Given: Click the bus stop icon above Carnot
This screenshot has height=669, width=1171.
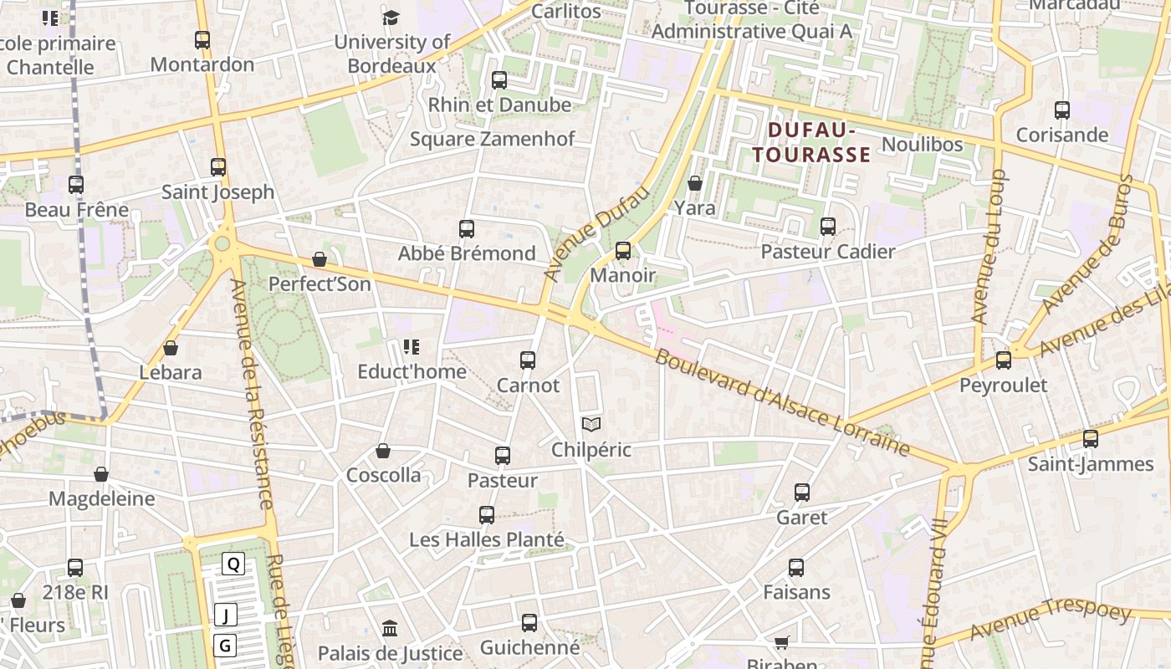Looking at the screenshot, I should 528,360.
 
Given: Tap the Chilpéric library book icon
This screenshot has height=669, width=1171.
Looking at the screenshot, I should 591,425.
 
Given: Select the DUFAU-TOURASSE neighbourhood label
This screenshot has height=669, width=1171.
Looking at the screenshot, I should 811,142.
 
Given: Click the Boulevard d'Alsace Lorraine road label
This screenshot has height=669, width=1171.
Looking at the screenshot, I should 782,401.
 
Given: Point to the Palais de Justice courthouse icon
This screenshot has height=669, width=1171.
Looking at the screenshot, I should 390,628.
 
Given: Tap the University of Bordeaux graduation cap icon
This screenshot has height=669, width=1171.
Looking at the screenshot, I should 391,18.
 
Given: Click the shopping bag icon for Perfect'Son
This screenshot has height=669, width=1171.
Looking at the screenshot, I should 319,260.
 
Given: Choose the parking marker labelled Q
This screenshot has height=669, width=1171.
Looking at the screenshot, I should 233,564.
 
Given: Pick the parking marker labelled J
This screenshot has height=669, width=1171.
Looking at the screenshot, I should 225,615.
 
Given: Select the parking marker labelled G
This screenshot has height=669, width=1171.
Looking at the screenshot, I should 225,646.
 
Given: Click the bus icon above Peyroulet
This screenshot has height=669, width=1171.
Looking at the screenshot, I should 1003,360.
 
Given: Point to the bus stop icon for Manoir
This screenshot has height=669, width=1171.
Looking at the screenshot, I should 622,250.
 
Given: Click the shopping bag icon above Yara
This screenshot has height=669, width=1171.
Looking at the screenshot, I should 694,183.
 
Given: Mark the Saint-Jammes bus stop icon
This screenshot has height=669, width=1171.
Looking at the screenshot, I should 1090,439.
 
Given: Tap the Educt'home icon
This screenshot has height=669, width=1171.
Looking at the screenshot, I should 411,346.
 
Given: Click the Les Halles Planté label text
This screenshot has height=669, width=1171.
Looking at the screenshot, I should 487,540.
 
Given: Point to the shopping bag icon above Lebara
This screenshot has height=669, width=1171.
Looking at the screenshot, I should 171,348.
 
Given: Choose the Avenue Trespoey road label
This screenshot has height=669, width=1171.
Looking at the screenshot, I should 1050,620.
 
